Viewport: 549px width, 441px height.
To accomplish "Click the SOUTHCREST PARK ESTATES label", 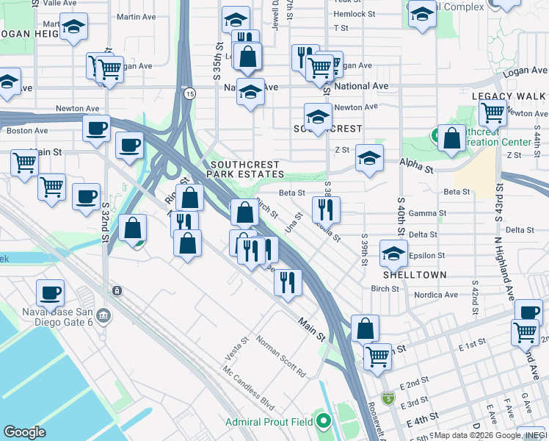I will [245, 169].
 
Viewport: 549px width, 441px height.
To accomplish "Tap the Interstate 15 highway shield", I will [190, 93].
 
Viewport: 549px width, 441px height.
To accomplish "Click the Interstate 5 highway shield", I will [388, 398].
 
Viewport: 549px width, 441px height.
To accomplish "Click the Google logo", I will [25, 431].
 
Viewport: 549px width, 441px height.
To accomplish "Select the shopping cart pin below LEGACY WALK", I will [492, 112].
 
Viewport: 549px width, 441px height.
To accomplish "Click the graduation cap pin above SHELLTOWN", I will [393, 254].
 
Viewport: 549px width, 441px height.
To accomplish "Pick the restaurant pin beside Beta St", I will [326, 210].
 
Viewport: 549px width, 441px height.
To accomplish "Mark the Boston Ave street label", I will [27, 131].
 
